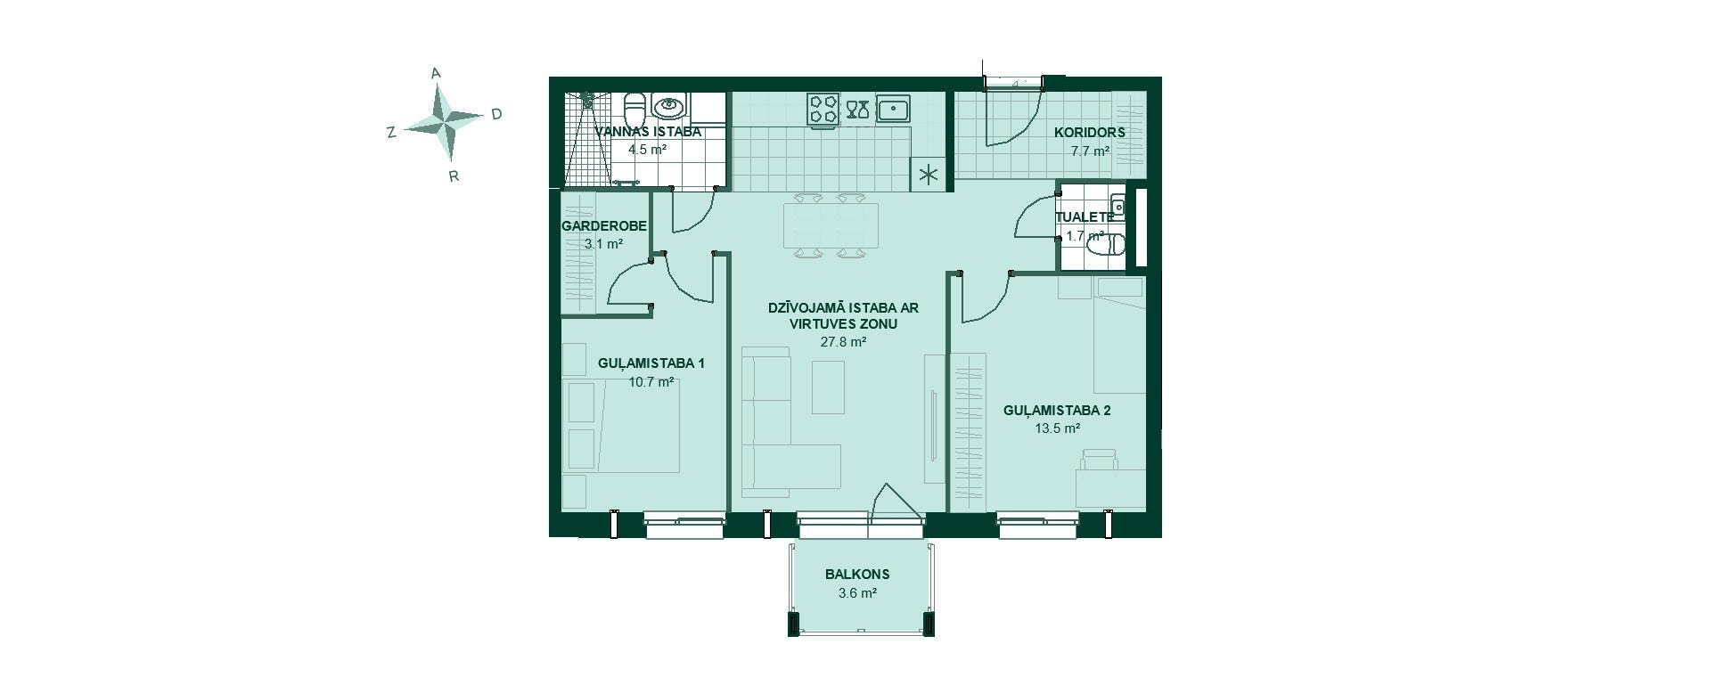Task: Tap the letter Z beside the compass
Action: (x=390, y=133)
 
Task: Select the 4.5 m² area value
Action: (x=647, y=150)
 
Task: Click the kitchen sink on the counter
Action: (x=892, y=109)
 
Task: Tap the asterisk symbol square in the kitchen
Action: (x=928, y=175)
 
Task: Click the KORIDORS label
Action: (x=1089, y=133)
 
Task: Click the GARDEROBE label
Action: (x=604, y=226)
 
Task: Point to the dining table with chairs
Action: (x=830, y=226)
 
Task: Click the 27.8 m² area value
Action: (x=843, y=341)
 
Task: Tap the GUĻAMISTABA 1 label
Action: (x=651, y=363)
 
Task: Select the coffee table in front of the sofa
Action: (x=829, y=387)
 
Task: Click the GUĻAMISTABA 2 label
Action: (x=1057, y=411)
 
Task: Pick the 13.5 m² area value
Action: (x=1057, y=428)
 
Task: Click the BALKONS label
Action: (x=857, y=575)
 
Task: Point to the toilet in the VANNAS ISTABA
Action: (x=634, y=110)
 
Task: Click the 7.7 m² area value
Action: (x=1090, y=151)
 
